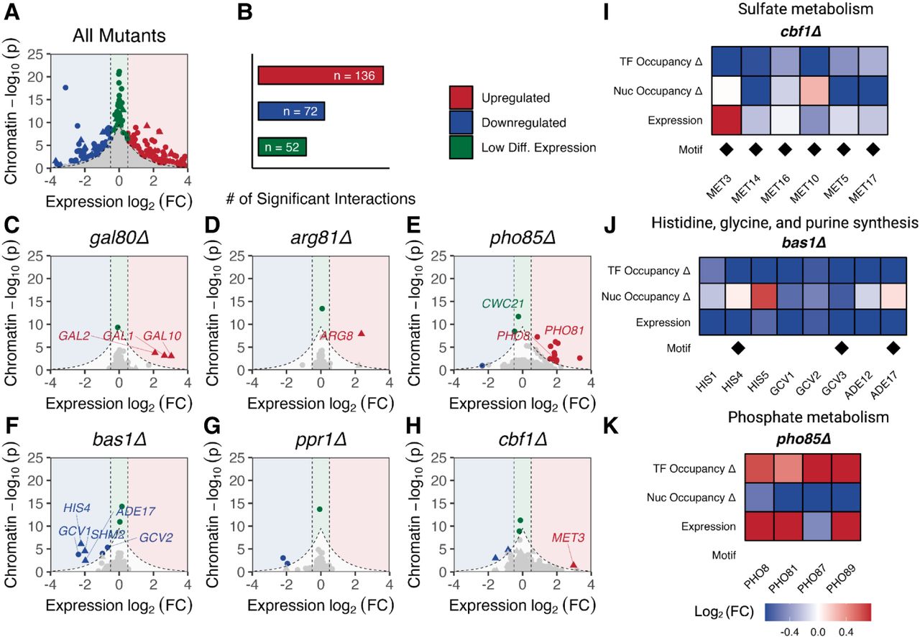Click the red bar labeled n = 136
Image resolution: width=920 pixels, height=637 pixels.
coord(321,75)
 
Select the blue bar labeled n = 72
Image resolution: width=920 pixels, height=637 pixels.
coord(291,111)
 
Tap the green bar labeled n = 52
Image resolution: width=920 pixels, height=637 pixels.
coord(282,147)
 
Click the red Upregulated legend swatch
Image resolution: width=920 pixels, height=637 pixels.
coord(461,98)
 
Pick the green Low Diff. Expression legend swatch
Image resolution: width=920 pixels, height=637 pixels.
coord(461,147)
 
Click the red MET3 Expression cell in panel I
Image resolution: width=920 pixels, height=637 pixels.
coord(726,120)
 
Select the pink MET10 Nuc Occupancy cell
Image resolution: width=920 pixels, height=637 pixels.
coord(814,90)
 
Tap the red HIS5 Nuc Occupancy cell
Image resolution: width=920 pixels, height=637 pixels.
coord(764,297)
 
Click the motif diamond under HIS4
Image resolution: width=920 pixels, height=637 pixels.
coord(738,348)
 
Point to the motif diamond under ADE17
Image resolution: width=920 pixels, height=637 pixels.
coord(893,348)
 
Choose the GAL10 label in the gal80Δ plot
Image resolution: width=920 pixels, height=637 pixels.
coord(162,336)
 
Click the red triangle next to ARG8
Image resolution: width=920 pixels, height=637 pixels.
coord(362,333)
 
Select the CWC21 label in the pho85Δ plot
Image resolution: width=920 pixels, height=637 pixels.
coord(503,303)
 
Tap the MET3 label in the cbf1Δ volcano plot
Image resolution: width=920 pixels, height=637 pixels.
coord(568,537)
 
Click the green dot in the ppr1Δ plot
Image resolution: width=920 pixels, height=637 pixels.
coord(320,509)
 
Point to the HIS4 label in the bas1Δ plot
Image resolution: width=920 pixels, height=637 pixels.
coord(77,508)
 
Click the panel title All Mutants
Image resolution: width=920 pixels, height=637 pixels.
coord(119,36)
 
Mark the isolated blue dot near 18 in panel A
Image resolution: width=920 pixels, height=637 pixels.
coord(65,88)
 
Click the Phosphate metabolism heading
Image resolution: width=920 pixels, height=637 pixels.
coord(809,417)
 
